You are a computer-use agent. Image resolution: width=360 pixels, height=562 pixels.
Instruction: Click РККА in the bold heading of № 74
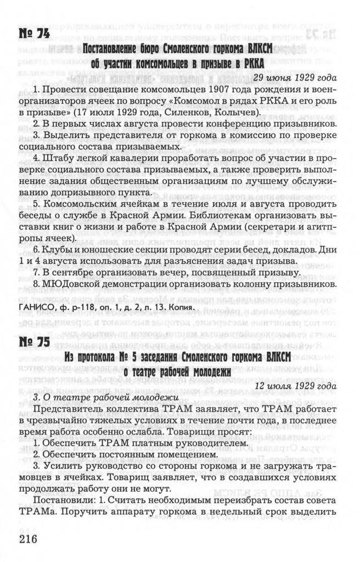click(x=251, y=61)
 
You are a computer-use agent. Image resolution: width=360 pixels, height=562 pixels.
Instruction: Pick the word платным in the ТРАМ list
click(x=154, y=442)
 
